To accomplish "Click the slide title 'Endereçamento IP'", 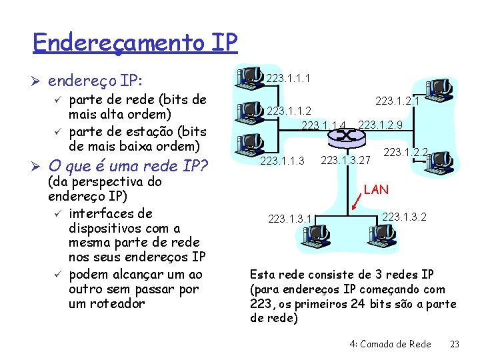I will [x=135, y=43].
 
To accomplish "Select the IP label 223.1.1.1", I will [x=288, y=79].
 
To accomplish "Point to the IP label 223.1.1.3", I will [x=282, y=161].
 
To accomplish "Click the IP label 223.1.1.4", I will [x=325, y=125].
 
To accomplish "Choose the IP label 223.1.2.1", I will [x=397, y=101].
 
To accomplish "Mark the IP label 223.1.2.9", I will [x=381, y=124].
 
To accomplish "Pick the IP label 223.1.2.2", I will [x=405, y=152].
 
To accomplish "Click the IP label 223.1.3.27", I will [x=345, y=160].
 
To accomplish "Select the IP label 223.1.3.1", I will [x=290, y=218].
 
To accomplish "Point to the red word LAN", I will [x=377, y=190].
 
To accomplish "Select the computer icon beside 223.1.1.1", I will [x=251, y=76].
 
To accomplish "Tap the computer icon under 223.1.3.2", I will [x=381, y=233].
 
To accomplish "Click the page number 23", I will [x=455, y=344].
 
